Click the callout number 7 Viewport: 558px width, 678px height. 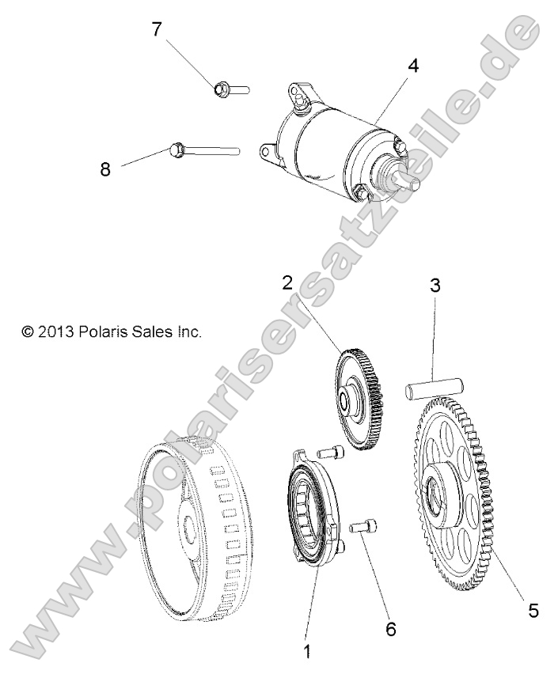157,29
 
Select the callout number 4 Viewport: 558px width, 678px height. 412,66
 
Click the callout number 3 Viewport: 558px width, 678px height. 434,286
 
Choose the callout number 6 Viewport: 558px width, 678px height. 389,629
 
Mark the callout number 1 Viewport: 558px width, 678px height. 307,653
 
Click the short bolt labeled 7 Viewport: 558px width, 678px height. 230,89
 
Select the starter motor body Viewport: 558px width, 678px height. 332,142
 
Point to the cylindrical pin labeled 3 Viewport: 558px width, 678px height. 433,388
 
